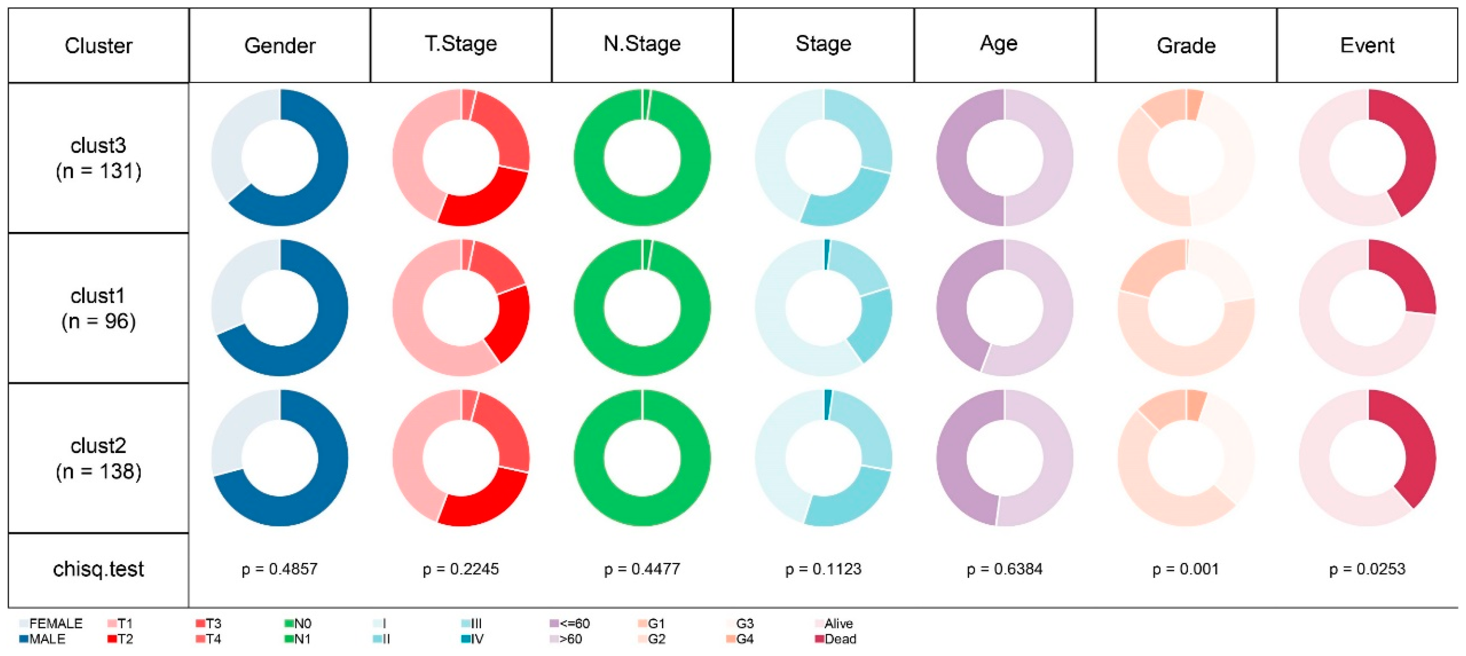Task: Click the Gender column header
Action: click(x=280, y=46)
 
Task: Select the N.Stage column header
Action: click(x=642, y=44)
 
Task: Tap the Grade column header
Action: click(x=1186, y=46)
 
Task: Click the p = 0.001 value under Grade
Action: click(x=1186, y=569)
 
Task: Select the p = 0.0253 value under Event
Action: click(x=1367, y=569)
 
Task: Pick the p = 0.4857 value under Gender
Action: click(x=280, y=569)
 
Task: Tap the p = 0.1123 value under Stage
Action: click(x=823, y=569)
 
